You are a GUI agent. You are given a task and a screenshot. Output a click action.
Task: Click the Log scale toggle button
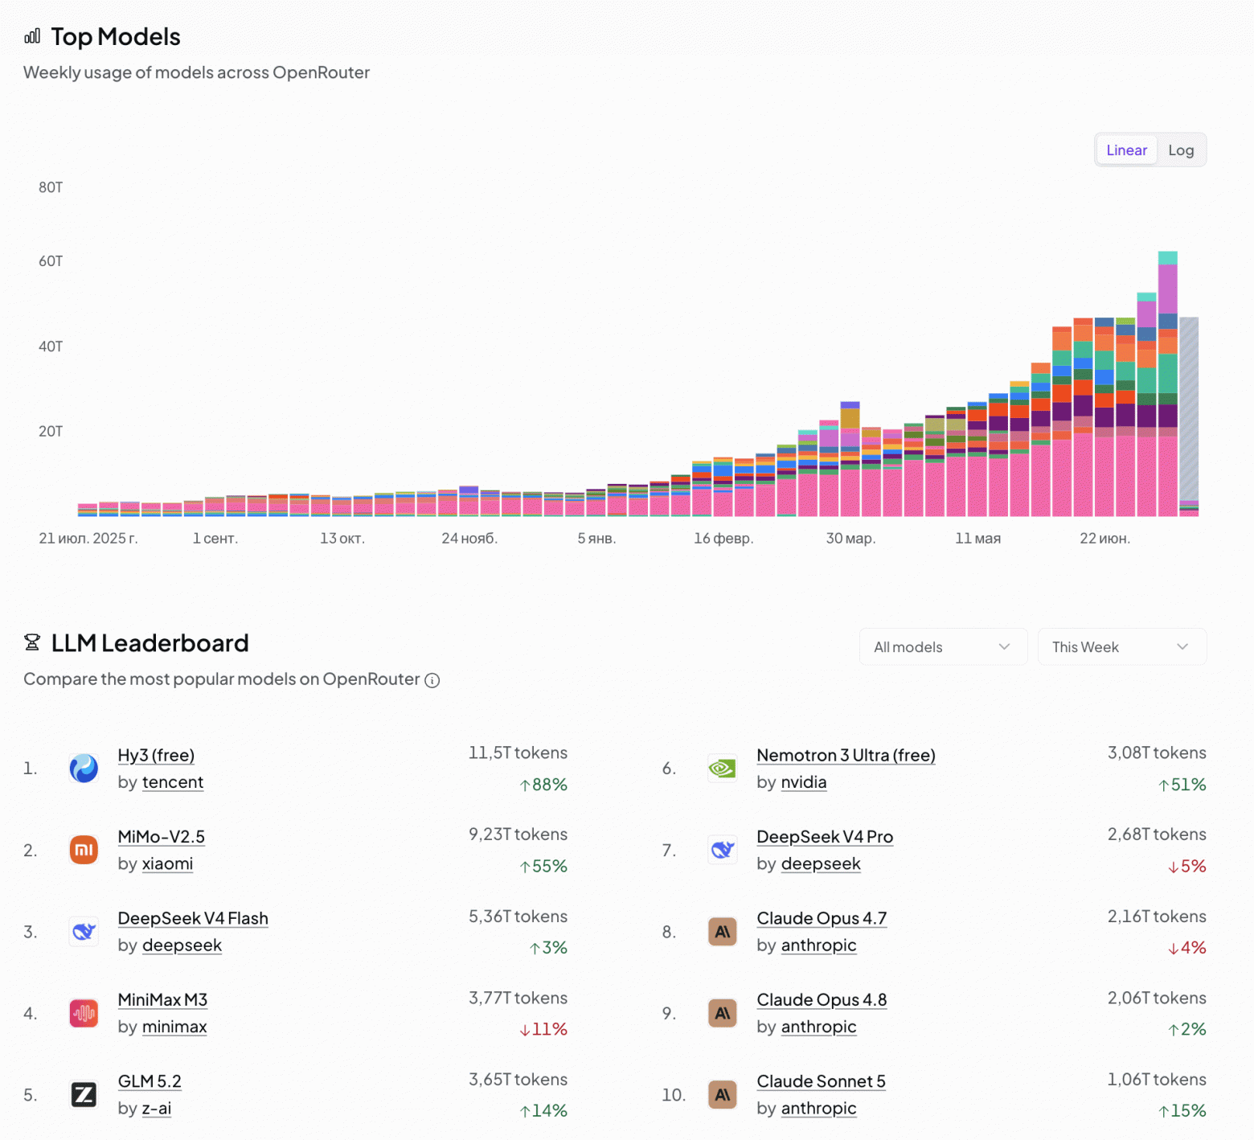click(1181, 150)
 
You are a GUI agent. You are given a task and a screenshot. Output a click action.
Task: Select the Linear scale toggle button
click(1126, 150)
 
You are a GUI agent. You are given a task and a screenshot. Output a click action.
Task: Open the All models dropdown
click(943, 647)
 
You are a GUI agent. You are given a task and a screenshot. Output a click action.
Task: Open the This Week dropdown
click(1121, 647)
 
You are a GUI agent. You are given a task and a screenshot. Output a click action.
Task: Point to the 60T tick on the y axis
click(51, 261)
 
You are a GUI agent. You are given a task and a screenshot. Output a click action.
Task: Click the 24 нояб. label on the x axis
click(469, 539)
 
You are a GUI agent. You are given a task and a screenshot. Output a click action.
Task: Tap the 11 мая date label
click(977, 539)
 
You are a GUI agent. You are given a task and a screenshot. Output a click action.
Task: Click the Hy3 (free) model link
click(156, 756)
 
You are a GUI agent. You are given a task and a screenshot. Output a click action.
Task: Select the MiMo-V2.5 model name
click(161, 837)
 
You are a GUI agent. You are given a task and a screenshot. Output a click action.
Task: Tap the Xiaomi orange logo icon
click(84, 850)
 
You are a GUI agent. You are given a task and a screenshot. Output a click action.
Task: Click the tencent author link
click(173, 782)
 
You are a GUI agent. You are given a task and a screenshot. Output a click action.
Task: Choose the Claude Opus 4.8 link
click(822, 1000)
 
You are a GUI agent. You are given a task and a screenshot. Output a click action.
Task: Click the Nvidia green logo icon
click(723, 769)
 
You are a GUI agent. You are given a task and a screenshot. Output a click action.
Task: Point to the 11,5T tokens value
click(518, 753)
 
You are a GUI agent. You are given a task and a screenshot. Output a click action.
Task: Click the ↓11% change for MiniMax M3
click(543, 1029)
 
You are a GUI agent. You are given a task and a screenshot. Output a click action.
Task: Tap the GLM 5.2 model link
click(150, 1081)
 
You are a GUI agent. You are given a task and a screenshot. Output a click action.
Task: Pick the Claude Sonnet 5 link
click(821, 1081)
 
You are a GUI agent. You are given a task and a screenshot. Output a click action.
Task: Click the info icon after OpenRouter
click(432, 681)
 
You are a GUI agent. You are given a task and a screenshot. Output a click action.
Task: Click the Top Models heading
click(116, 37)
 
